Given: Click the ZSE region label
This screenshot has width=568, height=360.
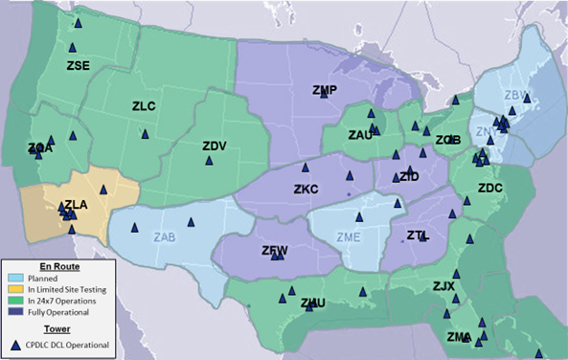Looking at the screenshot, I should pos(78,66).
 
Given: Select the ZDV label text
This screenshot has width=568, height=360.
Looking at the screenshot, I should pos(214,146).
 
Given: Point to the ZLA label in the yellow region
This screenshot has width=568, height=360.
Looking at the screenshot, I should pos(76,205).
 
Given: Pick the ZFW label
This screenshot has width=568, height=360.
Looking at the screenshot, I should pos(275,251).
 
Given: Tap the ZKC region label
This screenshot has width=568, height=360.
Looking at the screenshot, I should pos(306,190).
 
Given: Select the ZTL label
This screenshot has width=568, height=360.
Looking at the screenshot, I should pos(417,235).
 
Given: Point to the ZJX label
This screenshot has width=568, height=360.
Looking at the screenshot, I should pos(443,285).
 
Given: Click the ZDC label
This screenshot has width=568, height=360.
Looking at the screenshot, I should pos(489,189).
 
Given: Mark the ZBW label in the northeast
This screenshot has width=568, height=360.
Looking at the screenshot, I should pos(516,95).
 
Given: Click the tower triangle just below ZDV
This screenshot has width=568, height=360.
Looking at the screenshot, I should pos(209,162).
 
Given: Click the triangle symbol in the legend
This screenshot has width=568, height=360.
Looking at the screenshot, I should pos(14,344).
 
